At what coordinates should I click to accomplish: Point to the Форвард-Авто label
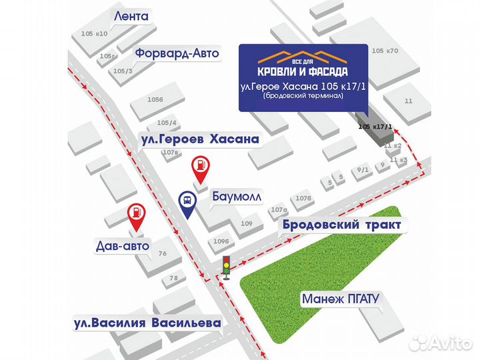177,53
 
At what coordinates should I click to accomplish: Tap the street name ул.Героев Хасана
199,139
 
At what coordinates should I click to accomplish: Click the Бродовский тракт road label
341,225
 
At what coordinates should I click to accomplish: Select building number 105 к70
385,51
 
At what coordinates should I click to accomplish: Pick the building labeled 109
246,223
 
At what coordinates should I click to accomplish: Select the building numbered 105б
155,99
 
